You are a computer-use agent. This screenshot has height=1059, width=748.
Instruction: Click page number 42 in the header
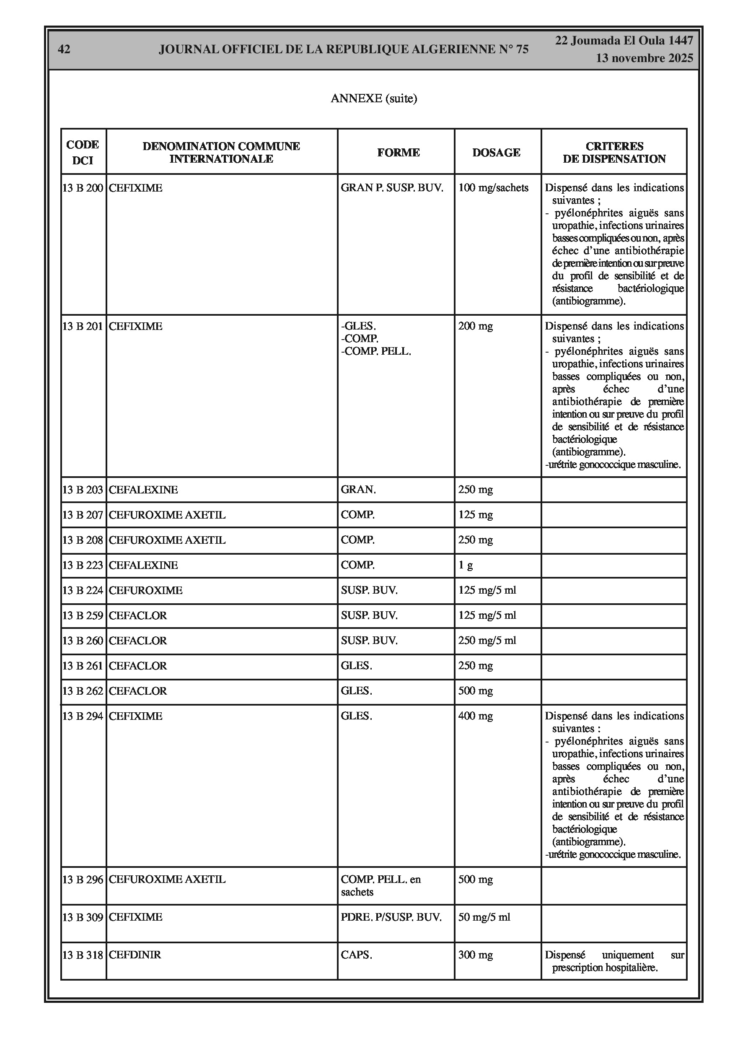click(x=64, y=49)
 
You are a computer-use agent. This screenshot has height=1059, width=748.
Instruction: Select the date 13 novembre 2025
click(x=644, y=58)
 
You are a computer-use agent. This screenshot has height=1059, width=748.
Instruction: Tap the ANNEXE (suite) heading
click(x=373, y=98)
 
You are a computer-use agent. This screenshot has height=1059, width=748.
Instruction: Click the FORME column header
click(x=398, y=153)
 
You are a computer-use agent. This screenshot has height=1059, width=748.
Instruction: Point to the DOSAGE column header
click(x=496, y=153)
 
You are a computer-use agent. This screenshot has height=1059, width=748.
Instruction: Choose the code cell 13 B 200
click(x=83, y=188)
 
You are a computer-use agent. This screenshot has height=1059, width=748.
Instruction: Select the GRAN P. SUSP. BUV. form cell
click(x=391, y=188)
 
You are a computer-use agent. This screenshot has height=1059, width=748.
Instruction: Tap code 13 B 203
click(x=83, y=490)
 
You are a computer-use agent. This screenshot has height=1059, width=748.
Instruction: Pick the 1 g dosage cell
click(x=465, y=566)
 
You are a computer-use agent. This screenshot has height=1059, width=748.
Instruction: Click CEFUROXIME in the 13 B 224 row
click(x=146, y=590)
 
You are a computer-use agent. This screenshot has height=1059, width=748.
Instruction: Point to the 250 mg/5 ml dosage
click(x=487, y=641)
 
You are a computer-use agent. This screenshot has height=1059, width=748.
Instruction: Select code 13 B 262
click(x=83, y=691)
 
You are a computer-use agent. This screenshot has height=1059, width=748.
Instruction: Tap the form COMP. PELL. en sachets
click(x=380, y=885)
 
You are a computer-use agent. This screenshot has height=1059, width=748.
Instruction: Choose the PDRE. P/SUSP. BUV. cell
click(x=391, y=917)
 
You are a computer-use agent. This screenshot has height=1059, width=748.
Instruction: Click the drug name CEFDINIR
click(x=135, y=955)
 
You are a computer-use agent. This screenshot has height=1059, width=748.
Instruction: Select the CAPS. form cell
click(x=356, y=955)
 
